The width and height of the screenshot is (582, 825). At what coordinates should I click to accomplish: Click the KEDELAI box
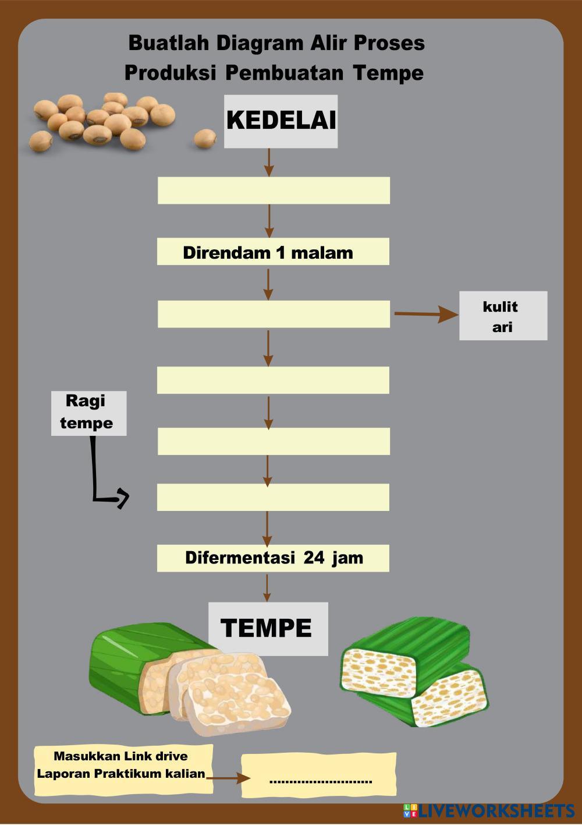(x=281, y=121)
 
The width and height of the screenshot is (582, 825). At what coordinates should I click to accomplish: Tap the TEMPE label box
(x=268, y=629)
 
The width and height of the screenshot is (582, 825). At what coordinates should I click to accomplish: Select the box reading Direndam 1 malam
(x=273, y=251)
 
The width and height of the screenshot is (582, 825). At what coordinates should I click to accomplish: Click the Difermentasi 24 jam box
(x=273, y=558)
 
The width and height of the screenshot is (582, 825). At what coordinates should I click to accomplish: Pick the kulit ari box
(x=503, y=316)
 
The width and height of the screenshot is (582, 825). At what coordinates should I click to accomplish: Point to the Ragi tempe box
(x=88, y=413)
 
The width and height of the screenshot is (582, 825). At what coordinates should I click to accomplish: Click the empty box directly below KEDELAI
(x=274, y=191)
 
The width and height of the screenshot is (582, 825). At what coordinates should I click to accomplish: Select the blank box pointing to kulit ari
(x=274, y=314)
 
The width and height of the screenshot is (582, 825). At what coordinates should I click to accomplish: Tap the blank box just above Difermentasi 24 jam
(x=273, y=497)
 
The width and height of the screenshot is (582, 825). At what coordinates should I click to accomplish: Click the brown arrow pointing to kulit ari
(x=427, y=314)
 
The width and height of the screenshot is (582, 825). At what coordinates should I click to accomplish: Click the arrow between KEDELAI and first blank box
(x=269, y=163)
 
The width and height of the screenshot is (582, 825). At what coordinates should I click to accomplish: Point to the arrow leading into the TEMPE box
(x=267, y=587)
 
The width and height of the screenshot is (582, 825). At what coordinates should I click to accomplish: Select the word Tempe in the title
(x=388, y=73)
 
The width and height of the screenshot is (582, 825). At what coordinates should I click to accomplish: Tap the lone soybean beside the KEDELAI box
(x=205, y=139)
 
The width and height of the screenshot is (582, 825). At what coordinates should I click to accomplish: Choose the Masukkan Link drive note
(x=123, y=770)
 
